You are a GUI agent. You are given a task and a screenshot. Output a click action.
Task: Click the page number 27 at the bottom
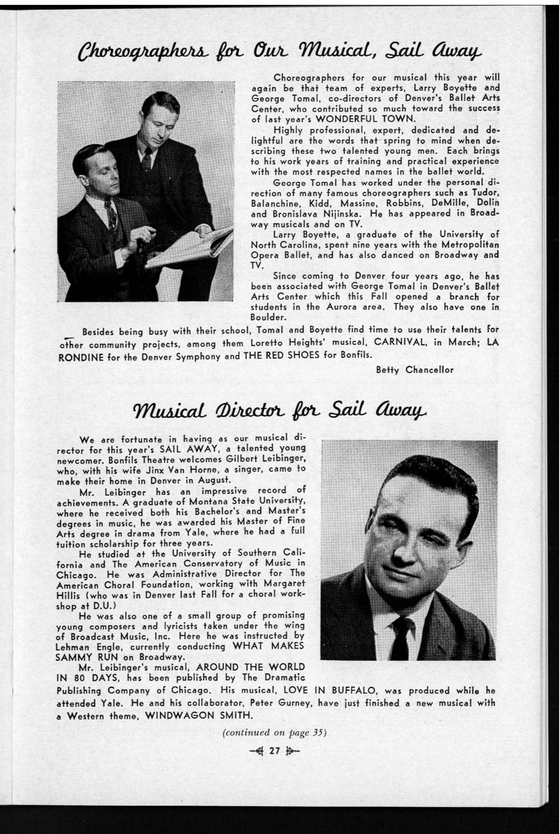[x=274, y=751]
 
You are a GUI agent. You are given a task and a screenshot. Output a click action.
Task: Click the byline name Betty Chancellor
[x=414, y=370]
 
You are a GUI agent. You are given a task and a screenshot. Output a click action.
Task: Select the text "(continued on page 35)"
[x=274, y=732]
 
